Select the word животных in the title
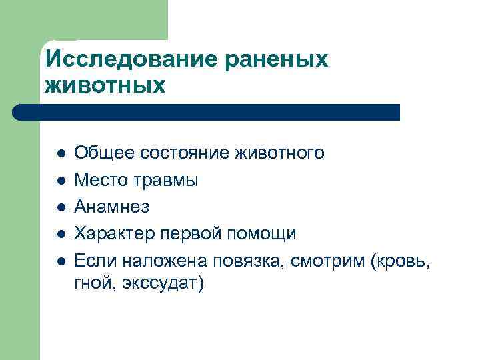click(x=105, y=86)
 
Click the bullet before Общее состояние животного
click(x=61, y=154)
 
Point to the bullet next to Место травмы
click(x=61, y=181)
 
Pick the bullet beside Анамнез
click(x=61, y=207)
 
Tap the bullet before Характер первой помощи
click(x=61, y=234)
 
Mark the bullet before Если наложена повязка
click(x=61, y=261)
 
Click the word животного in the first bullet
click(x=280, y=153)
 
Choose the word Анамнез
click(x=112, y=207)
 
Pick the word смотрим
click(x=328, y=260)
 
